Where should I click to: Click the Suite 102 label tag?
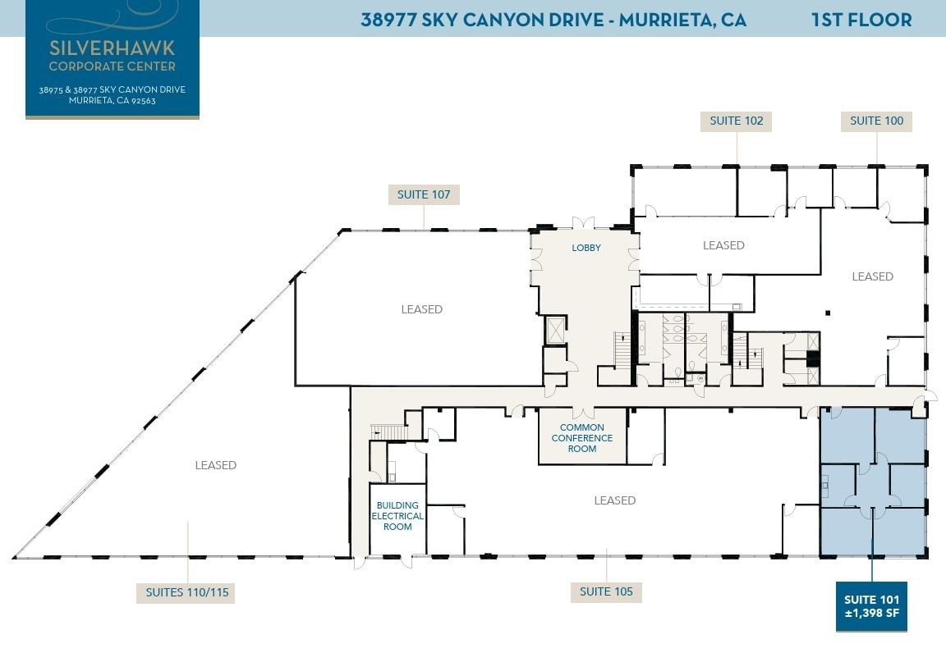tap(737, 121)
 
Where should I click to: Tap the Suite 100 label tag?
tap(876, 121)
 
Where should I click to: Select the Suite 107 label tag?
tap(424, 194)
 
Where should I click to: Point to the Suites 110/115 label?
tap(186, 591)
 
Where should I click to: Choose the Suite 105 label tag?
tap(606, 591)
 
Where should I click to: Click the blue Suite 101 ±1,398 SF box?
tap(871, 606)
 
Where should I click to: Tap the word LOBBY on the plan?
tap(586, 248)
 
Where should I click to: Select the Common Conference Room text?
tap(581, 438)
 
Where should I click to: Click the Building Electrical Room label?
tap(397, 516)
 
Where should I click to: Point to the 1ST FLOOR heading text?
tap(861, 20)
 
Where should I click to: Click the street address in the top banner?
tap(553, 20)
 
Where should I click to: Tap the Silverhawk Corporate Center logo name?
tap(112, 54)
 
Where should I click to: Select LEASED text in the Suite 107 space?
tap(421, 309)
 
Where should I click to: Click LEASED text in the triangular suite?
tap(215, 465)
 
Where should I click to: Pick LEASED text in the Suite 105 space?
tap(614, 500)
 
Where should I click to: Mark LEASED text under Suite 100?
tap(872, 276)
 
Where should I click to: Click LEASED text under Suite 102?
tap(723, 245)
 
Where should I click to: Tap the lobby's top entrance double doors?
tap(584, 224)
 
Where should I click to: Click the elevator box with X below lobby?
tap(555, 330)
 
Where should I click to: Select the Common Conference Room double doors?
tap(582, 411)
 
